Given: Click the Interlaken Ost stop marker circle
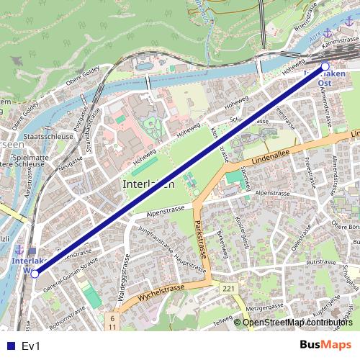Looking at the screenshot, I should pos(325,66).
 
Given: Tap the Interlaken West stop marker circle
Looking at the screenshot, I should pos(35,273).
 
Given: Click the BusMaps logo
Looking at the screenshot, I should pos(325,346).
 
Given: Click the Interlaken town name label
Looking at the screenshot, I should pos(149,184).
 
